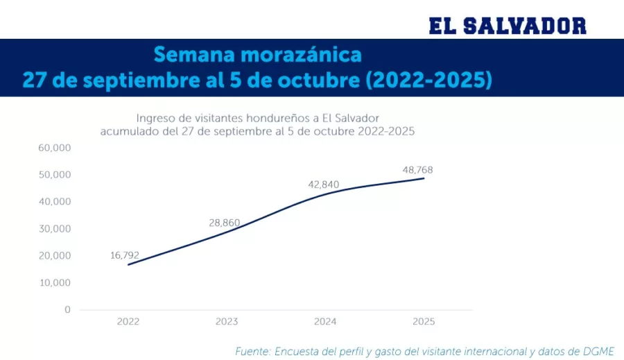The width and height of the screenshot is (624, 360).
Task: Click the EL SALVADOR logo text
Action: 508,26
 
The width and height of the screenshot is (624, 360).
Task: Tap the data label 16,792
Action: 125,255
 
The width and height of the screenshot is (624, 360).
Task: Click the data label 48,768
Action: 417,170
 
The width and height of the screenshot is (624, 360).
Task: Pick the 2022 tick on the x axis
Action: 128,322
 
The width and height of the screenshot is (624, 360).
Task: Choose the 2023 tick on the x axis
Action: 227,322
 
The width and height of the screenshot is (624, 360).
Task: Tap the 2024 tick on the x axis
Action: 325,322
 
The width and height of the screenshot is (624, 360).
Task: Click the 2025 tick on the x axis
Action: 424,322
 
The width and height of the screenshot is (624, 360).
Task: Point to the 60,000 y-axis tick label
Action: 55,148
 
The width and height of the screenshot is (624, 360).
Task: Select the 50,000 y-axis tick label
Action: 55,175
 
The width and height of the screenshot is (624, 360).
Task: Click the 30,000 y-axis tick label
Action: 55,229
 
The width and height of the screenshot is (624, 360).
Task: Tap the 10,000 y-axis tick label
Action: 55,283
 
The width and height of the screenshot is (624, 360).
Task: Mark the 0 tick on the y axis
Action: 67,310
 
